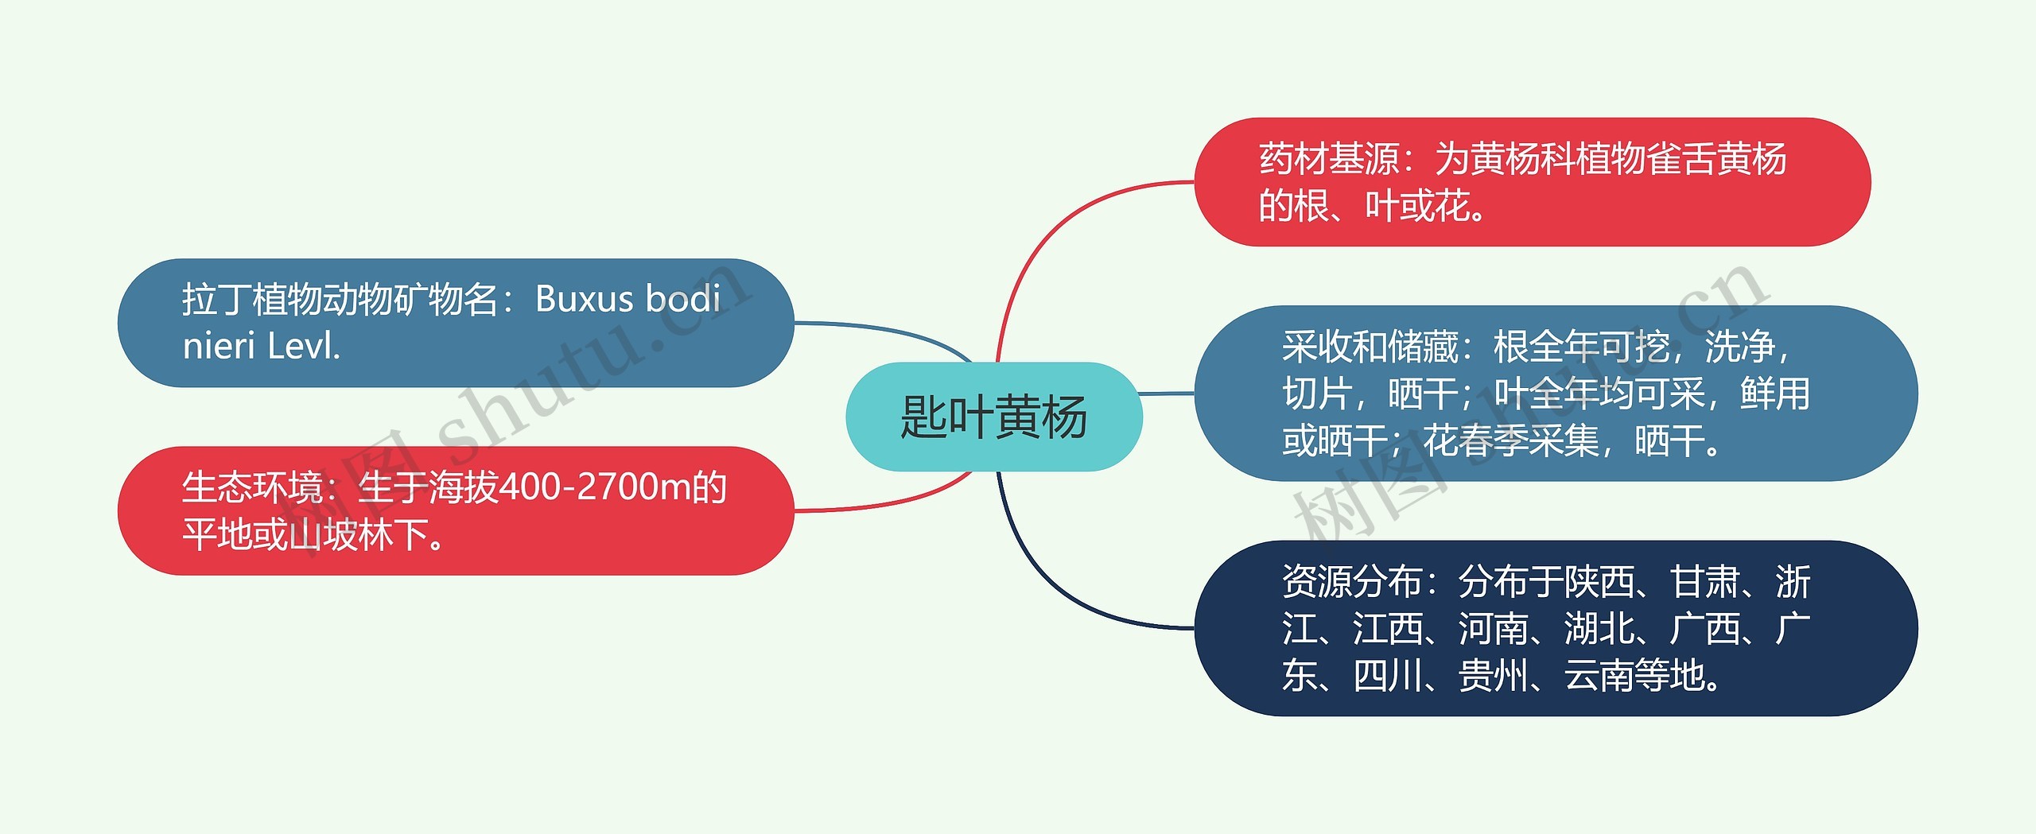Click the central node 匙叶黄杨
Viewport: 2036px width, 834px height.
pyautogui.click(x=993, y=417)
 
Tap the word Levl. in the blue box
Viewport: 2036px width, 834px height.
pyautogui.click(x=305, y=347)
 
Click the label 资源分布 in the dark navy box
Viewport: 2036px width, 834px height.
pyautogui.click(x=1351, y=581)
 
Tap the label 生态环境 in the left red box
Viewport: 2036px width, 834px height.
pyautogui.click(x=252, y=487)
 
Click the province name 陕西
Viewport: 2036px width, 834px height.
pyautogui.click(x=1599, y=581)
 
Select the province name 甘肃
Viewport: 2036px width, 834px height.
pyautogui.click(x=1704, y=581)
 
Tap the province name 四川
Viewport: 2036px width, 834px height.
pyautogui.click(x=1388, y=676)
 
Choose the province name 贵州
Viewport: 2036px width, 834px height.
pyautogui.click(x=1493, y=676)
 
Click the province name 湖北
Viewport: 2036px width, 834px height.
pyautogui.click(x=1599, y=628)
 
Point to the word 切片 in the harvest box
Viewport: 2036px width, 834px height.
pyautogui.click(x=1317, y=394)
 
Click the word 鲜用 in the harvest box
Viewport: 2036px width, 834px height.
pyautogui.click(x=1775, y=394)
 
